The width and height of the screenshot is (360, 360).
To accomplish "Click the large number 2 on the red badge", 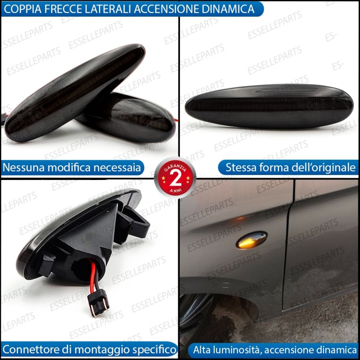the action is pos(175,178).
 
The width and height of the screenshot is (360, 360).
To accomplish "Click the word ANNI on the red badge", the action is pos(175,190).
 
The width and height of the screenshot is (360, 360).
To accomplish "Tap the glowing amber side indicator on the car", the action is pos(252,240).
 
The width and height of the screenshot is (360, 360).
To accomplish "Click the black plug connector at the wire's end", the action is pos(99,302).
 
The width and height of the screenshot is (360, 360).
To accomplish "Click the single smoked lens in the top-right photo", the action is pos(269,106).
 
